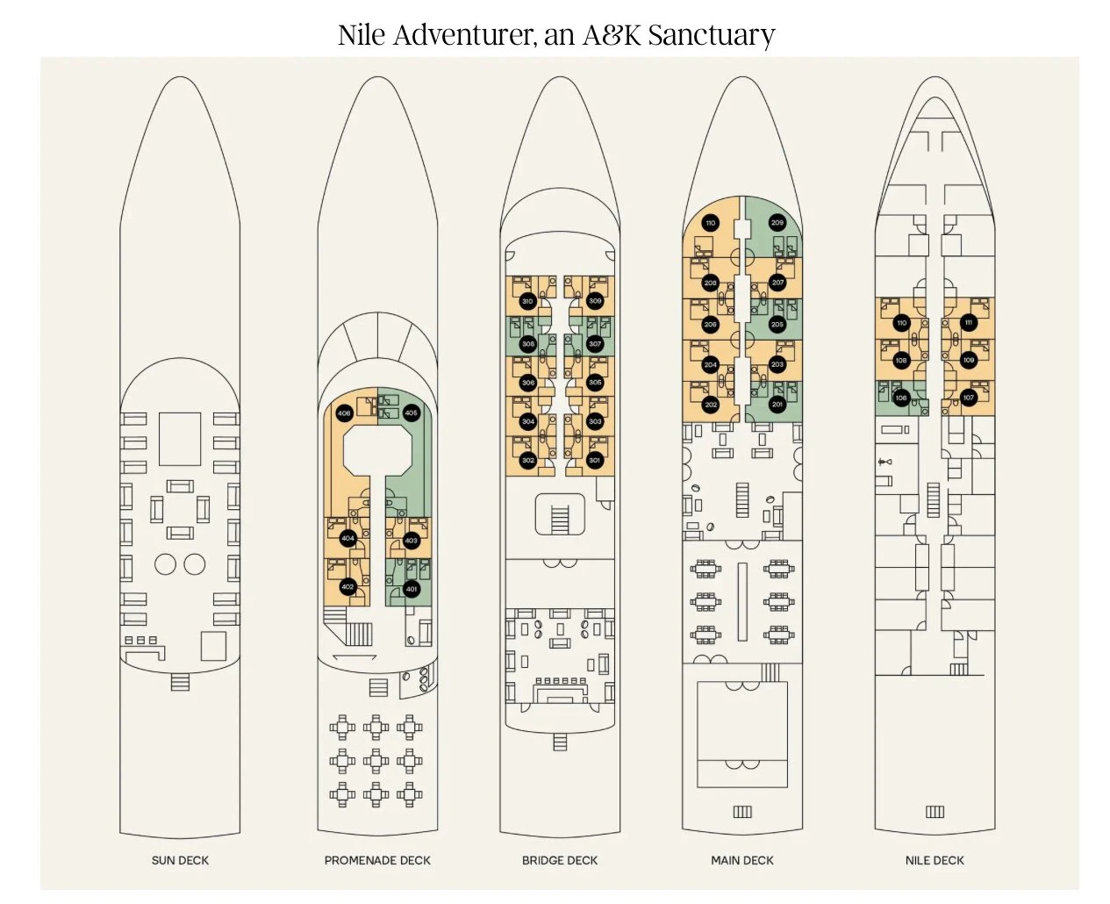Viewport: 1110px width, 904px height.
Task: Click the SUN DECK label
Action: (180, 860)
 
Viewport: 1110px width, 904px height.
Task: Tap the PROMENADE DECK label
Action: (377, 860)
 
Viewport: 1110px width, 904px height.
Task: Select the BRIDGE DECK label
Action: (560, 860)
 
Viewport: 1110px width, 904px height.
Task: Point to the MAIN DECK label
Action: (742, 860)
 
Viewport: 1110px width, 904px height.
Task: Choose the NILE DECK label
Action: (935, 860)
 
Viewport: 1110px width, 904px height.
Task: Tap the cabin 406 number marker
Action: (344, 413)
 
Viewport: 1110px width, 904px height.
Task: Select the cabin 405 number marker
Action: (411, 413)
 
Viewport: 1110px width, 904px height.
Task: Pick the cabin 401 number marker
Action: (412, 589)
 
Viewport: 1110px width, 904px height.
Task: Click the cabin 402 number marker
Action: (347, 587)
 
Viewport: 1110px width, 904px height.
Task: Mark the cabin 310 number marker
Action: (527, 301)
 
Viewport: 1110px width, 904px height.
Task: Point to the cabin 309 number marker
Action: (595, 301)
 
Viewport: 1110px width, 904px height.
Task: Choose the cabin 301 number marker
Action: (595, 460)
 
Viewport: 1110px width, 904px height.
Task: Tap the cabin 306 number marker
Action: (527, 383)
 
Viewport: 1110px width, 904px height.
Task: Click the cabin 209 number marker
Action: (777, 223)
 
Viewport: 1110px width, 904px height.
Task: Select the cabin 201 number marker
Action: (777, 405)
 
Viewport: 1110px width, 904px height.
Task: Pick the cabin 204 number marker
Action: (711, 364)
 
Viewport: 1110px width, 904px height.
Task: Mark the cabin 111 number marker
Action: (969, 322)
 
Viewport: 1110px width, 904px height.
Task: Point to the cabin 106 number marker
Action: (901, 398)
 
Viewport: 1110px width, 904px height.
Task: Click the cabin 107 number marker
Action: (969, 398)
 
